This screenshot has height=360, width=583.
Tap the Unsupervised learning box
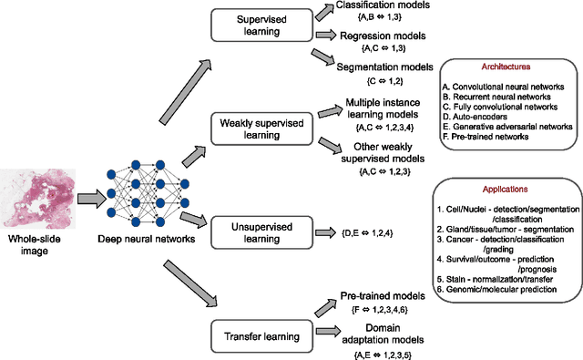258,232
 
